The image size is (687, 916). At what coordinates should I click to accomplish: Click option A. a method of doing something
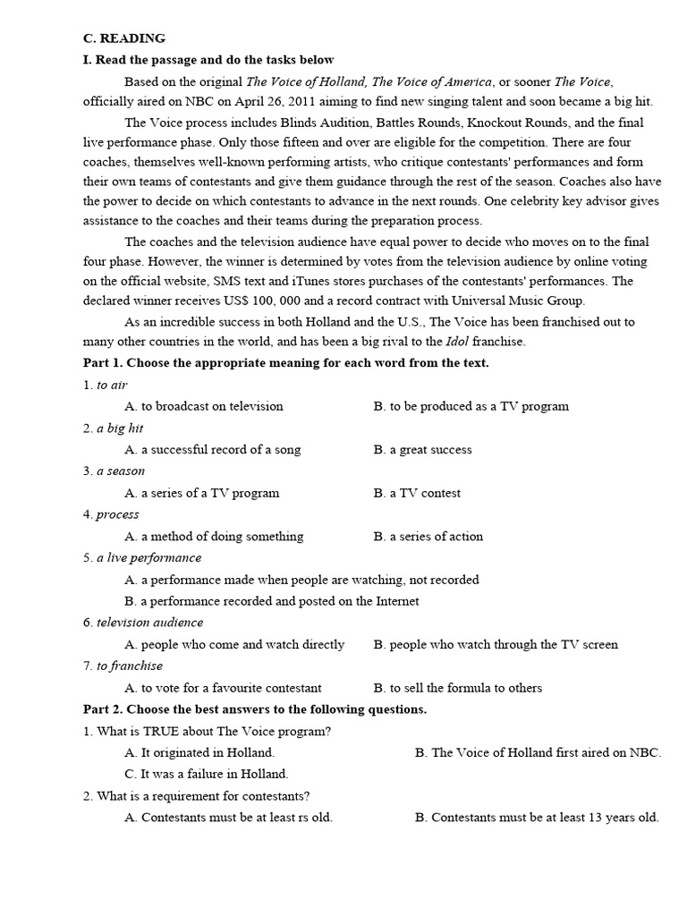pos(214,537)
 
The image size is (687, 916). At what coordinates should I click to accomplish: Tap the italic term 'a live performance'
pos(149,558)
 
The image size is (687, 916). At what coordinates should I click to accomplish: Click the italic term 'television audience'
pos(150,623)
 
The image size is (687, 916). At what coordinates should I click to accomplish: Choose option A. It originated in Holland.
pos(199,753)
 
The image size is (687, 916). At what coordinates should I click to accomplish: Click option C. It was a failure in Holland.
pos(207,775)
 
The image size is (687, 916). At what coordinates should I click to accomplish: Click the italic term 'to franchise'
pos(130,666)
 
